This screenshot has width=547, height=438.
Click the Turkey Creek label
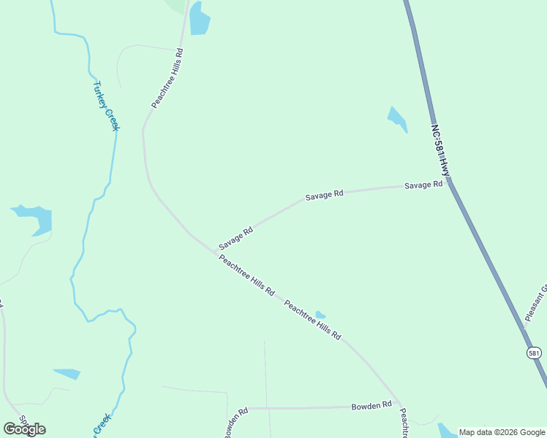click(x=105, y=106)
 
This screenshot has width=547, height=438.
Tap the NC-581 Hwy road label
click(x=440, y=150)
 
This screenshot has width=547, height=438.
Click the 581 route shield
click(x=534, y=353)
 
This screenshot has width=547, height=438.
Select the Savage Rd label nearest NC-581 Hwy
click(x=423, y=185)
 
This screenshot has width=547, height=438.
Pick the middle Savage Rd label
click(x=324, y=195)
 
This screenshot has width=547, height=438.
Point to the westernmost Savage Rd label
click(x=235, y=237)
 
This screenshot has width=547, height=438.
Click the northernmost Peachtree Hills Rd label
click(x=167, y=79)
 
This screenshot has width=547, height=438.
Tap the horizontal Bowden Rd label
click(x=371, y=404)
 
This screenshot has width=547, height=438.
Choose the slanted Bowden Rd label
click(x=236, y=420)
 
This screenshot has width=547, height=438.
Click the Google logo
click(x=24, y=429)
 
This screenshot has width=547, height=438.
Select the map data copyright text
click(x=502, y=432)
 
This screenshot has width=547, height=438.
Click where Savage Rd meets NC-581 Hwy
click(x=448, y=180)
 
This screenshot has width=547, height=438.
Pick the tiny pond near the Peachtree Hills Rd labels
click(x=320, y=315)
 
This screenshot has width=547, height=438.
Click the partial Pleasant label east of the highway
click(x=536, y=303)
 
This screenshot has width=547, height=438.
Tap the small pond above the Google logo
click(x=67, y=374)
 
